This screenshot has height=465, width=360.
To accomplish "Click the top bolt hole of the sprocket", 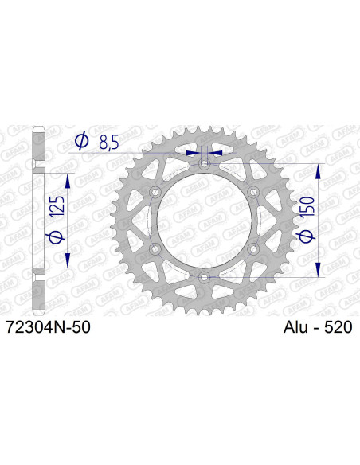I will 205,164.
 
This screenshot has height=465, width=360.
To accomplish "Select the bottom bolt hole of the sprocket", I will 205,277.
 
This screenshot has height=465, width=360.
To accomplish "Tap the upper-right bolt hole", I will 254,193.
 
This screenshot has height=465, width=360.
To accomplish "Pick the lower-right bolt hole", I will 254,249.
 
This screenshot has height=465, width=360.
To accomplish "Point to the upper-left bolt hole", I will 155,193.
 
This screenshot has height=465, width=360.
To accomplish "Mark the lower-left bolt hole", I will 155,249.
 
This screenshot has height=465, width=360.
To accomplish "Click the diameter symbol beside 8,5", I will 81,143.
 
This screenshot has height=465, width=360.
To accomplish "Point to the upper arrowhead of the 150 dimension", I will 320,172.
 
